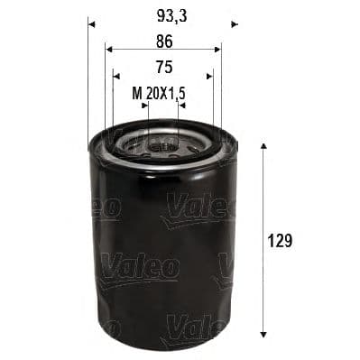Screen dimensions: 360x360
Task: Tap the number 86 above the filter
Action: click(163, 40)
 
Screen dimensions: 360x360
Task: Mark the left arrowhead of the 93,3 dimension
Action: click(91, 23)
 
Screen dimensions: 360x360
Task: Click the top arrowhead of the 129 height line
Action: click(263, 144)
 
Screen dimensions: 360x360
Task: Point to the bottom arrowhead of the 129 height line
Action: click(263, 336)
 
